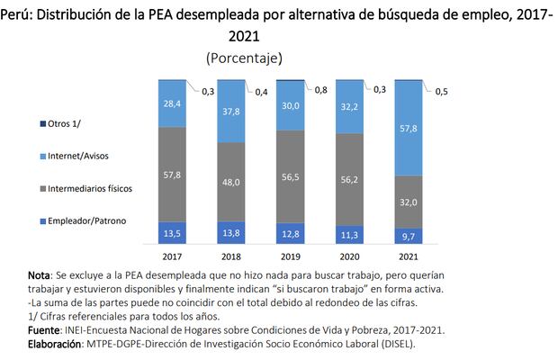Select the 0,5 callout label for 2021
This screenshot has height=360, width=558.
[443, 91]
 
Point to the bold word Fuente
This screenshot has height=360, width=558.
[43, 330]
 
